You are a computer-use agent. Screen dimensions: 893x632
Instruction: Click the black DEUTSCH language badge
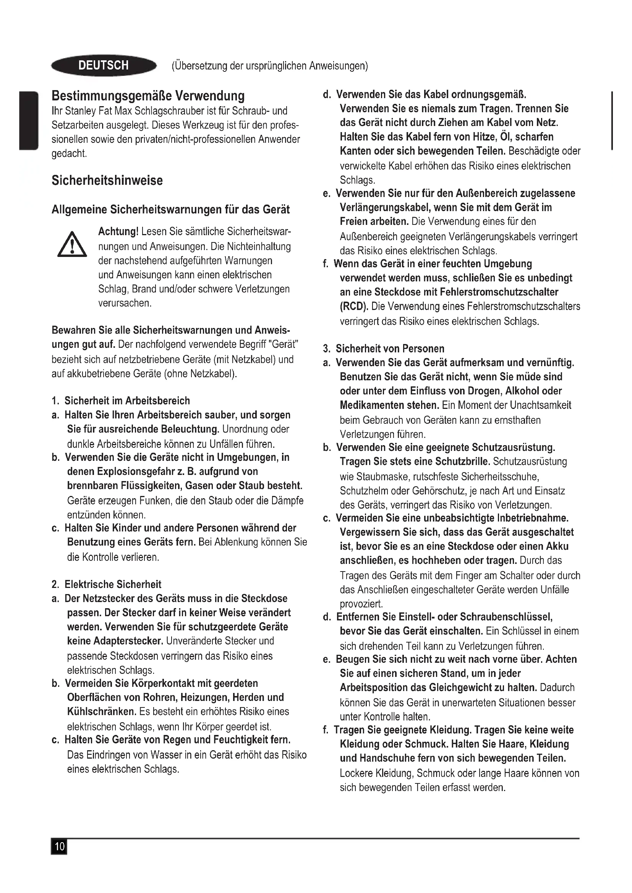(x=104, y=65)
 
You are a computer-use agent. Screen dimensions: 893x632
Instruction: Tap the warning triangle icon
(x=72, y=245)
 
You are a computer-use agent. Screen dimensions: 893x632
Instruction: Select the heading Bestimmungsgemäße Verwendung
(x=148, y=96)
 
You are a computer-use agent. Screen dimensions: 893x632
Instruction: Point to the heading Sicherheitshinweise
(x=107, y=181)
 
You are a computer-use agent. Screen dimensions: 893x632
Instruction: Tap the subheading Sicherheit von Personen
(x=390, y=349)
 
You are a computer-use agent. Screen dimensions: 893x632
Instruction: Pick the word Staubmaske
(x=383, y=476)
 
